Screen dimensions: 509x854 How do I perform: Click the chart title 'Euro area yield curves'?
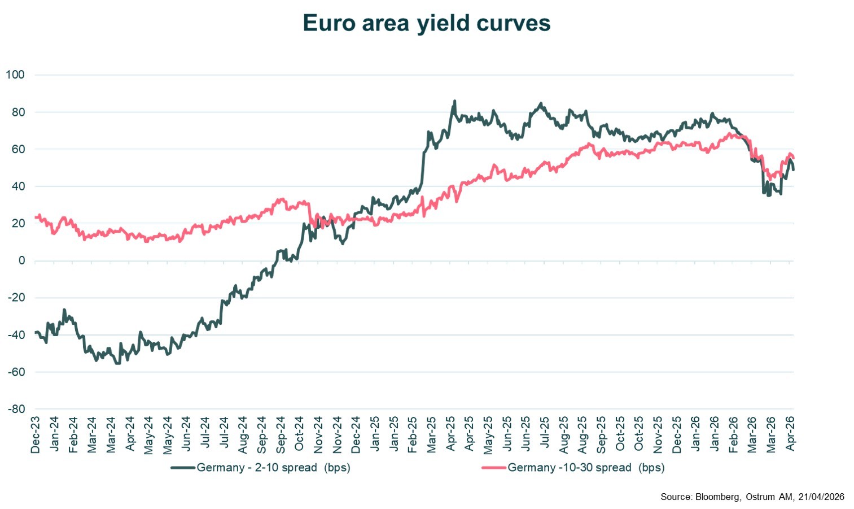point(426,23)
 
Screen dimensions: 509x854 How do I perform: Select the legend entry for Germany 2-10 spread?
point(273,468)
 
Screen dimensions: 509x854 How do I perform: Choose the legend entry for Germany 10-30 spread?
point(586,468)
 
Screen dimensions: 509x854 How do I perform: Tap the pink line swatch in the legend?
point(493,468)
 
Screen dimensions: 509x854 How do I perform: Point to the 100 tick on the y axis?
point(15,75)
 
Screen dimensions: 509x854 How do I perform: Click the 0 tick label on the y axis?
point(21,260)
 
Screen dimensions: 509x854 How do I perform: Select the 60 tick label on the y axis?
point(18,149)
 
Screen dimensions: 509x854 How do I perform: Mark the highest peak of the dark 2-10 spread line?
point(454,102)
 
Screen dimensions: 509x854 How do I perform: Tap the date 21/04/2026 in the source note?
point(821,497)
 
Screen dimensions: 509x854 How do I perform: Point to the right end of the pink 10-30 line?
point(794,158)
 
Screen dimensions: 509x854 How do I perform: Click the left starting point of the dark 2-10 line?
point(35,332)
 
